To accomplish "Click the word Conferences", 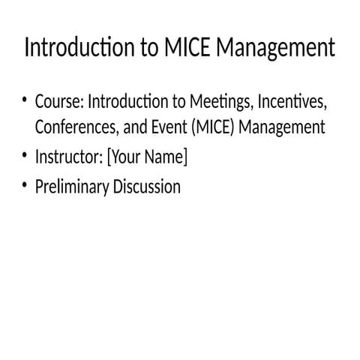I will pyautogui.click(x=76, y=127).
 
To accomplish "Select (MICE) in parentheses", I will pyautogui.click(x=214, y=127).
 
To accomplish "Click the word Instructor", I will pyautogui.click(x=68, y=157).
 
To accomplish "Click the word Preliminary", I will pyautogui.click(x=72, y=187).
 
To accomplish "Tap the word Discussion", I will pyautogui.click(x=147, y=187).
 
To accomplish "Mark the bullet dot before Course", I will pyautogui.click(x=25, y=99).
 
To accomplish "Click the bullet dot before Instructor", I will pyautogui.click(x=25, y=157).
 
